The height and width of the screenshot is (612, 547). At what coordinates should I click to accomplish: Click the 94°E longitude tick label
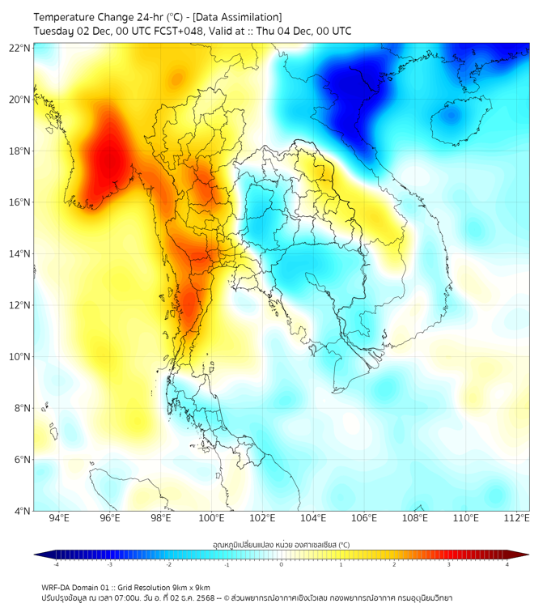(x=59, y=518)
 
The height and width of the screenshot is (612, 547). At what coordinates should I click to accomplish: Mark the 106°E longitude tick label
(x=364, y=518)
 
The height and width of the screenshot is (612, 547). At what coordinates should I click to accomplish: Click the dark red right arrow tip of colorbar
(x=524, y=555)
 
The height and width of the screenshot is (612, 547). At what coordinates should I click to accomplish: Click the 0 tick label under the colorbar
(x=282, y=564)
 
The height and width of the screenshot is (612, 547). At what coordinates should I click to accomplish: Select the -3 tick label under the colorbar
(x=109, y=564)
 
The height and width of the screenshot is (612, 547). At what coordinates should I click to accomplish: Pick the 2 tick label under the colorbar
(x=395, y=564)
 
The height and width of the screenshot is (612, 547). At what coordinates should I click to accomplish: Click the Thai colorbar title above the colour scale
(x=281, y=544)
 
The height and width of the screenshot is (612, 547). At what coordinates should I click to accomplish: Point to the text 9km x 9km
(x=192, y=587)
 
